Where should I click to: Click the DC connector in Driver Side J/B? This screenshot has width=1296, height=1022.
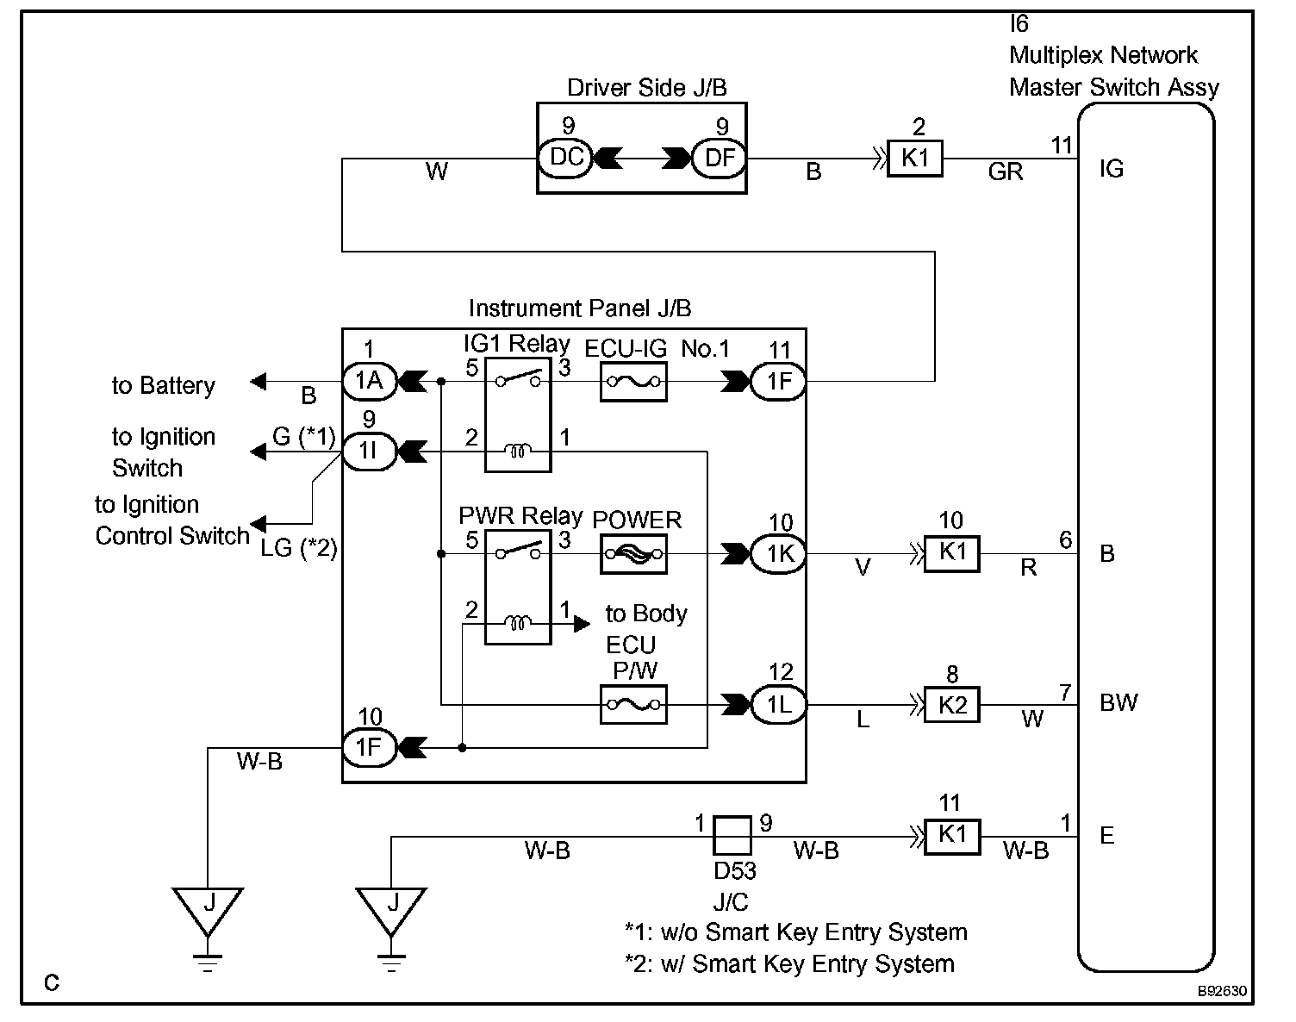tap(566, 159)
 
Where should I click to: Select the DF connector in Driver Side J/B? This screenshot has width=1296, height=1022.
tap(720, 159)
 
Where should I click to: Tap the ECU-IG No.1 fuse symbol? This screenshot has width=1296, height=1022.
tap(633, 381)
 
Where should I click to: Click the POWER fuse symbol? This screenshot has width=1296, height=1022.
tap(633, 554)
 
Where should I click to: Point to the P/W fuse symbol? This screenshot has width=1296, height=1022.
tap(633, 705)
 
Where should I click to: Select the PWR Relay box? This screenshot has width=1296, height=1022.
tap(518, 587)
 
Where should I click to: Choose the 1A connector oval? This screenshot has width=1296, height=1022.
tap(370, 381)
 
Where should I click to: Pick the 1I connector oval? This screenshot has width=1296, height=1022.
tap(370, 451)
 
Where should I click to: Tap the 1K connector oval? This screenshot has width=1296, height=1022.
tap(780, 554)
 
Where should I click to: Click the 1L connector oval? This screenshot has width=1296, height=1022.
tap(780, 705)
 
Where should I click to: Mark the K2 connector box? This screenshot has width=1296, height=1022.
tap(952, 705)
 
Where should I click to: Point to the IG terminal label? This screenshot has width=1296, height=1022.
tap(1112, 169)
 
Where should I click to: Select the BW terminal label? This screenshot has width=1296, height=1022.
tap(1118, 703)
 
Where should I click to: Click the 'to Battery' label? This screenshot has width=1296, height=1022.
tap(163, 385)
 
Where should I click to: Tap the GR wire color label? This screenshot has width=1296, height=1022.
tap(1006, 172)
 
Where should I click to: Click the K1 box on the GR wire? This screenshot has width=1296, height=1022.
tap(915, 159)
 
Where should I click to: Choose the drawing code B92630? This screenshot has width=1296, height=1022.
tap(1221, 991)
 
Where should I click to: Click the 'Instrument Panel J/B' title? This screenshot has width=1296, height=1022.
tap(579, 308)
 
